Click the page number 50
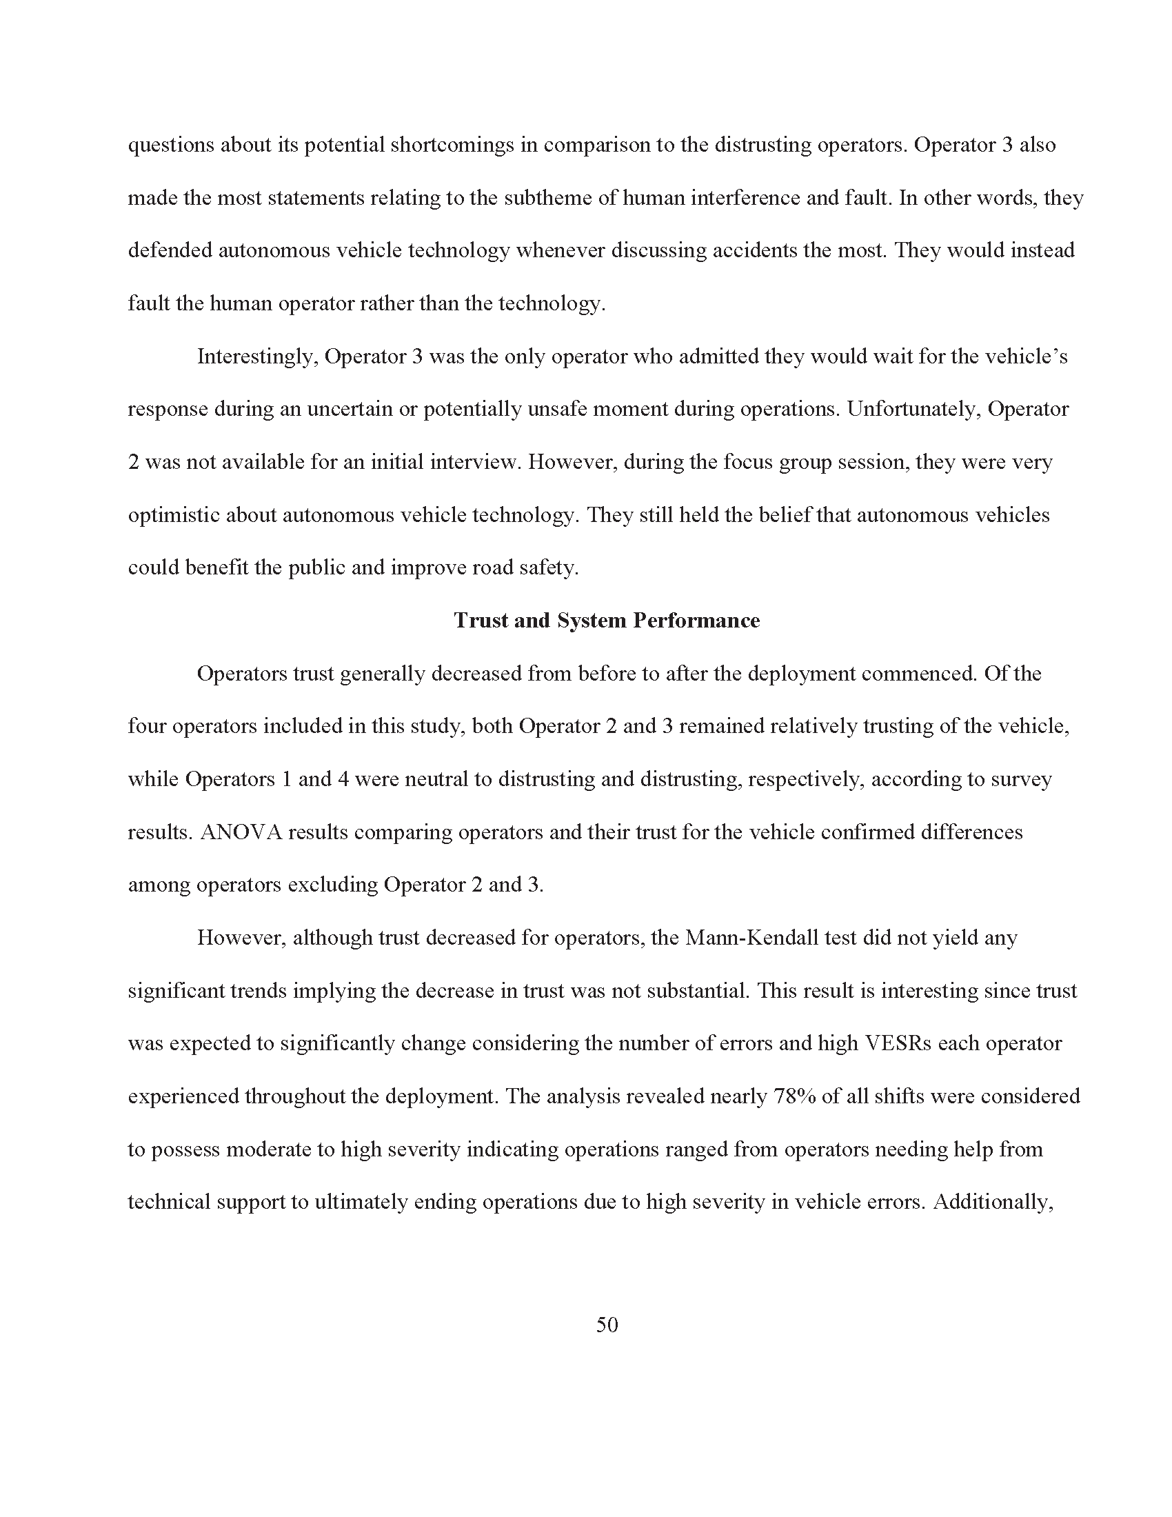pyautogui.click(x=606, y=1325)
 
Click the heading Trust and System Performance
pyautogui.click(x=606, y=621)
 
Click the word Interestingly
pyautogui.click(x=257, y=357)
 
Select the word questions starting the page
pyautogui.click(x=171, y=146)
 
